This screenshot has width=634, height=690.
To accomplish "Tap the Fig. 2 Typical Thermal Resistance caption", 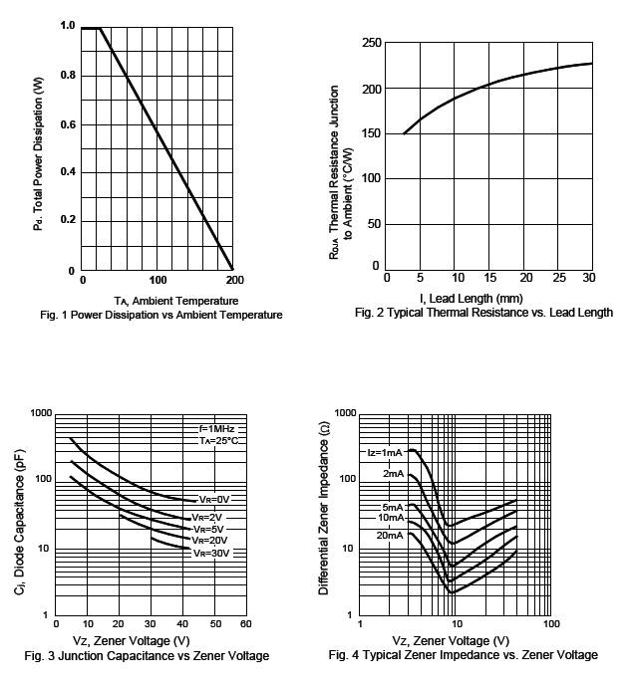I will [x=483, y=313].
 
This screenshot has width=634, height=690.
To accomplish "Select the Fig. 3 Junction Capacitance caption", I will [x=147, y=655].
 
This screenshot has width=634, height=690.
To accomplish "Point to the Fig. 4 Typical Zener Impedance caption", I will [x=463, y=655].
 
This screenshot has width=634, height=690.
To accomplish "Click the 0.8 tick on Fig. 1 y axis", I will [x=68, y=75].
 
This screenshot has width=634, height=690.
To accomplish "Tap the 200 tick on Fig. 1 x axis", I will [x=234, y=281].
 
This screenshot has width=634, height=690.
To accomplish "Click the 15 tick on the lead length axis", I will [x=488, y=277].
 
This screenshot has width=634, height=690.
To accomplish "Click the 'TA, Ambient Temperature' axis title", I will [x=176, y=300].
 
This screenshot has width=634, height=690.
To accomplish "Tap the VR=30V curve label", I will [x=212, y=553].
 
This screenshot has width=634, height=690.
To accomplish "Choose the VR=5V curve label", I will [x=210, y=529].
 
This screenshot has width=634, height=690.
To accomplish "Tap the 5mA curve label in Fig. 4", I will [x=392, y=507].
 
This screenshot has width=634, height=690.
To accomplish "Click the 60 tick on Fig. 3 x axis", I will [x=245, y=623].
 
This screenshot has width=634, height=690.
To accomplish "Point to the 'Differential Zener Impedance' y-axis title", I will [x=324, y=514].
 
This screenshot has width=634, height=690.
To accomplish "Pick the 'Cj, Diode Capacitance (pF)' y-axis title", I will [x=20, y=514].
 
